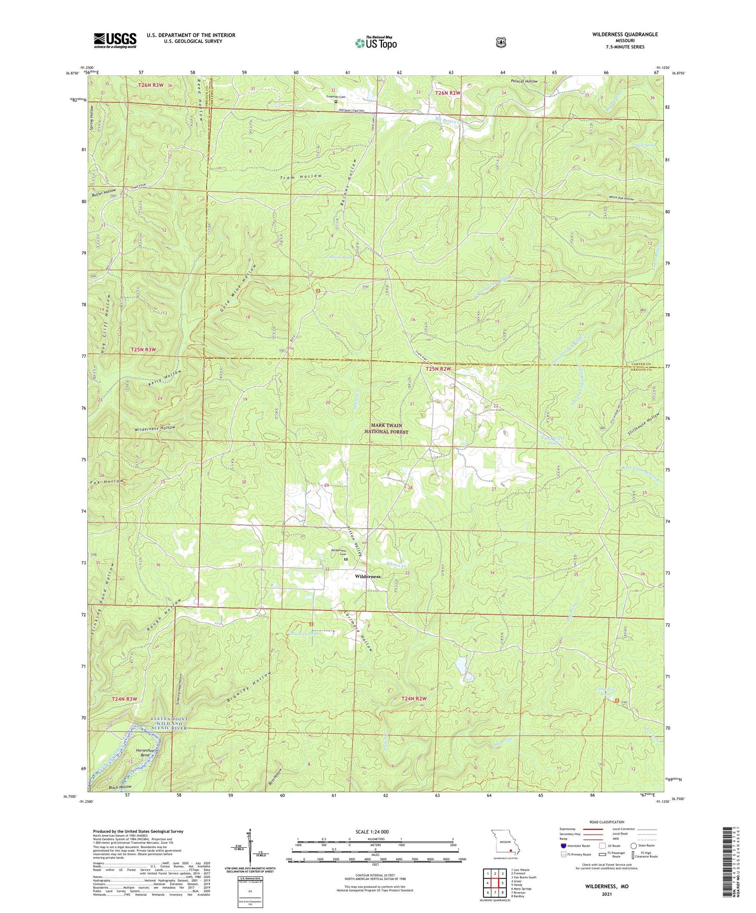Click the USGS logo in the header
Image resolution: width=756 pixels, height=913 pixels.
(x=115, y=40)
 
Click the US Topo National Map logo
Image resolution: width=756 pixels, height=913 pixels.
(x=376, y=42)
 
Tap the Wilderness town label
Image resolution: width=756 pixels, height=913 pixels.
(x=367, y=576)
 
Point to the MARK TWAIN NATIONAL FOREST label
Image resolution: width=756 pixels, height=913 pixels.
(x=386, y=429)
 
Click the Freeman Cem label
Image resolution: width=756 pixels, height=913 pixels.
(x=336, y=97)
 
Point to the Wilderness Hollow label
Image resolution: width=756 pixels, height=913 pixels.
(x=155, y=428)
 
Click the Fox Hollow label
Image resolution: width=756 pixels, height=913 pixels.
(x=107, y=482)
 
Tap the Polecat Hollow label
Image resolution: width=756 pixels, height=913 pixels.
(x=524, y=82)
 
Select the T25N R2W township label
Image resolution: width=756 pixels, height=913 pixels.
(x=438, y=369)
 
